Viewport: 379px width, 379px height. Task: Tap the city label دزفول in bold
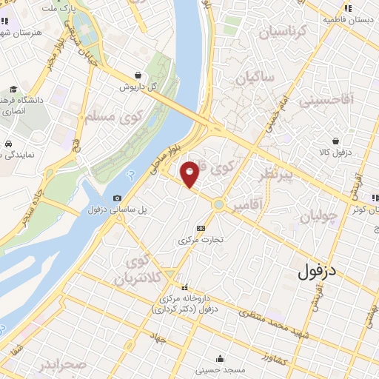tap(327, 272)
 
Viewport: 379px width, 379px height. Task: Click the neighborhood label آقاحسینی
tap(338, 98)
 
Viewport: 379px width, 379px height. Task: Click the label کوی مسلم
tap(102, 115)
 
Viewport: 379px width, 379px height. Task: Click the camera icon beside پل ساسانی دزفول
tap(118, 198)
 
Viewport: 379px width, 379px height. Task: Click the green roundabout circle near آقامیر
tap(219, 204)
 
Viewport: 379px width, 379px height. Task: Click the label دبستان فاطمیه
tap(346, 21)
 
